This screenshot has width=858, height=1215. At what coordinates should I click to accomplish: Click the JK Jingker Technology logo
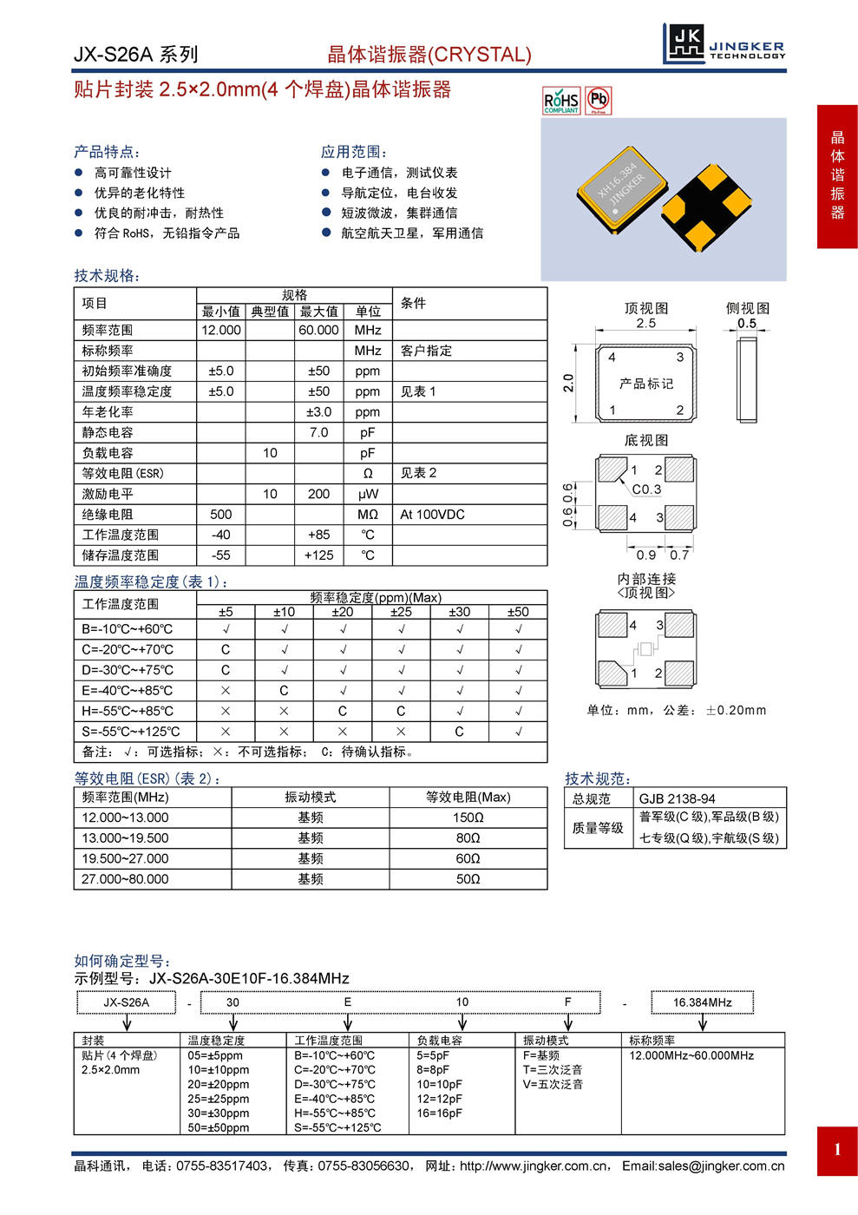pyautogui.click(x=724, y=43)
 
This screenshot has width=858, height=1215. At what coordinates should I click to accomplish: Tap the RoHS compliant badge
pyautogui.click(x=561, y=101)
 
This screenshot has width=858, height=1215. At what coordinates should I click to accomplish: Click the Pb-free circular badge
pyautogui.click(x=599, y=100)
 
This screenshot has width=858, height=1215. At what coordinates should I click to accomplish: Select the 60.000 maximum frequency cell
pyautogui.click(x=318, y=330)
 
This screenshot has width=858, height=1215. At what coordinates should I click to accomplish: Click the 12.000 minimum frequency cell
pyautogui.click(x=221, y=330)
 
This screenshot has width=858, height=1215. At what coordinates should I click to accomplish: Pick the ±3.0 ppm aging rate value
pyautogui.click(x=318, y=411)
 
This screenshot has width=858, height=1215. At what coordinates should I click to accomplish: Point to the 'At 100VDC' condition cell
pyautogui.click(x=432, y=515)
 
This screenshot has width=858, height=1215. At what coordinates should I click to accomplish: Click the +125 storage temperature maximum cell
pyautogui.click(x=318, y=555)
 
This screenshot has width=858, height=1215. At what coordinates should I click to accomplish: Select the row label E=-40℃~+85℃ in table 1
pyautogui.click(x=128, y=691)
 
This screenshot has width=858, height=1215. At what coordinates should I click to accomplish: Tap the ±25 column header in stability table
pyautogui.click(x=401, y=612)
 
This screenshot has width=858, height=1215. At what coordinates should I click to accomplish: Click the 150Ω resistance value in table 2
pyautogui.click(x=468, y=818)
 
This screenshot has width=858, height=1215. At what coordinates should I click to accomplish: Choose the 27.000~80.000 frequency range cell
pyautogui.click(x=126, y=879)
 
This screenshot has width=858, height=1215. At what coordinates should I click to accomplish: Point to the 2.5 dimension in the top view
pyautogui.click(x=645, y=323)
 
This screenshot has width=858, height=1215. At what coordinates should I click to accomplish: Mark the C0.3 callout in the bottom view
pyautogui.click(x=646, y=489)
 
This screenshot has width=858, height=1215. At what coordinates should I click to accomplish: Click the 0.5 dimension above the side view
pyautogui.click(x=746, y=323)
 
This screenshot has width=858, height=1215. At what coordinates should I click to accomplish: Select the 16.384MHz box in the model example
pyautogui.click(x=702, y=1002)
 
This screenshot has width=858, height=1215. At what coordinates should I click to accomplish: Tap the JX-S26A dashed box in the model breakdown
pyautogui.click(x=127, y=1002)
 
